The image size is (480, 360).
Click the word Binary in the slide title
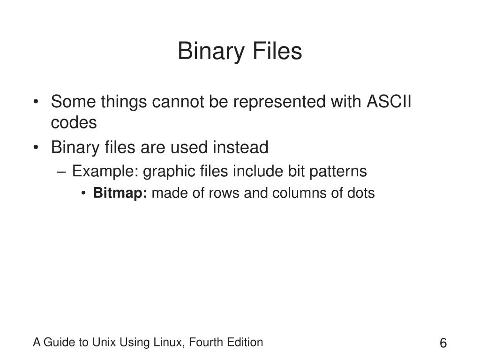tap(210, 52)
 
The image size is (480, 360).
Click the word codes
tap(74, 123)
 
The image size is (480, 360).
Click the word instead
tap(241, 148)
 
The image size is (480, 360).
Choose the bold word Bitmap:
tap(120, 193)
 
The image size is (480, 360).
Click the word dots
tap(361, 193)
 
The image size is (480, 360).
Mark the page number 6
tap(443, 343)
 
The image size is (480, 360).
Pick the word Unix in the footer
tap(106, 343)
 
